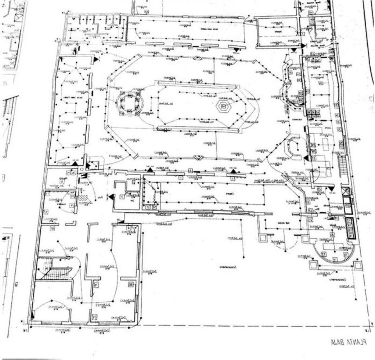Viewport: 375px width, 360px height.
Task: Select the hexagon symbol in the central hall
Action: coord(223,106)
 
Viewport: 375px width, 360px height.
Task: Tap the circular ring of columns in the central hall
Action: coord(128,103)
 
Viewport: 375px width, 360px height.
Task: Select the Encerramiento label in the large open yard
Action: coord(225,267)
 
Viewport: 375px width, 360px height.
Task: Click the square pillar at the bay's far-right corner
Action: coord(358,266)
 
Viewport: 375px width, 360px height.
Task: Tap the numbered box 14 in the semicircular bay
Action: coord(334,259)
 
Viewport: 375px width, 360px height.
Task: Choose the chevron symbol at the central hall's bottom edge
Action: coord(197,157)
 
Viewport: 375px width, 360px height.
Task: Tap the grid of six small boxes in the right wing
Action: coord(312,115)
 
